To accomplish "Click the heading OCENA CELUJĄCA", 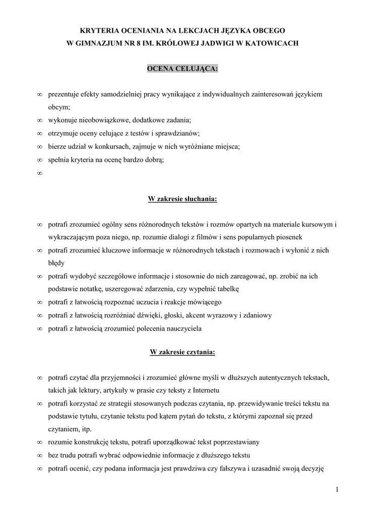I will click(182, 68).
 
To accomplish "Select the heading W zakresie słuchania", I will click(182, 199).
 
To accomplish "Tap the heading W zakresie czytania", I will click(182, 352).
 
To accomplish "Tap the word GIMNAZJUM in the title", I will click(100, 43).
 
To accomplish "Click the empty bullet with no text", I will click(39, 173).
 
